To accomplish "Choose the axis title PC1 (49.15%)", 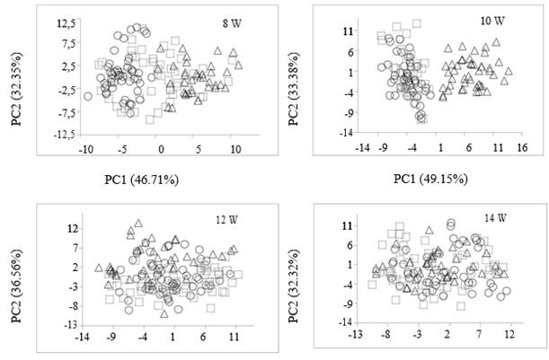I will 430,178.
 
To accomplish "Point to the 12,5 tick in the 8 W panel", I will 65,20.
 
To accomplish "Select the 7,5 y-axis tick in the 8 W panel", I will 67,42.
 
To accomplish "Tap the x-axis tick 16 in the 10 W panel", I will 522,150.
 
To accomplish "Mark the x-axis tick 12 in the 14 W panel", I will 509,334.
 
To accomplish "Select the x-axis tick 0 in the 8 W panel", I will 161,148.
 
